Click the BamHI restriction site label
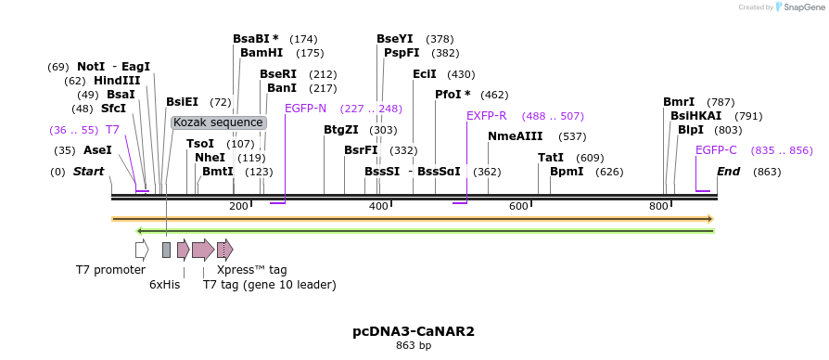click(261, 53)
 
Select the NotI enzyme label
click(91, 67)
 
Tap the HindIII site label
click(117, 81)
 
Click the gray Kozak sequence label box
click(219, 122)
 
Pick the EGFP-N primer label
click(305, 109)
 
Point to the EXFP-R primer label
click(486, 116)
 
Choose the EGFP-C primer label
click(716, 149)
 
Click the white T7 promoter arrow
click(142, 249)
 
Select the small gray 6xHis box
click(166, 249)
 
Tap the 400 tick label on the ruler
click(378, 205)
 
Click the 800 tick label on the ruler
click(658, 205)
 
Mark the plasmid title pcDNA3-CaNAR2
click(414, 330)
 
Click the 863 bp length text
click(414, 345)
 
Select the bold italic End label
click(729, 172)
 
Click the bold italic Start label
click(88, 172)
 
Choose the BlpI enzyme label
click(691, 130)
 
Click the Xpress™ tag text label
click(251, 270)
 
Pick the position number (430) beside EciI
click(461, 74)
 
